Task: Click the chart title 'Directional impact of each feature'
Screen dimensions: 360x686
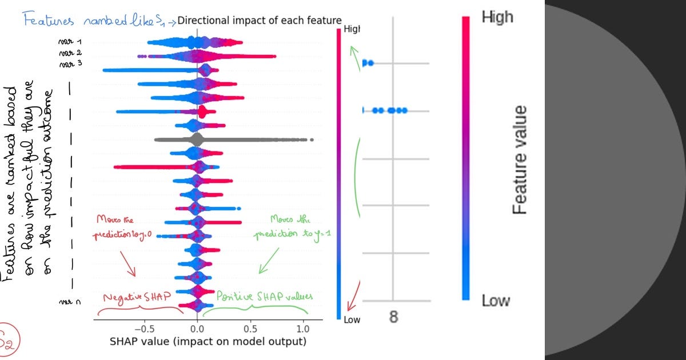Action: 260,21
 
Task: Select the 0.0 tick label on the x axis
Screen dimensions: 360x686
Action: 197,329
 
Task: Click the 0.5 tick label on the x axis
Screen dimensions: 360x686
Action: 250,329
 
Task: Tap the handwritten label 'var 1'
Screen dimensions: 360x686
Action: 74,42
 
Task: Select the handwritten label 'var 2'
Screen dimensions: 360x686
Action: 74,53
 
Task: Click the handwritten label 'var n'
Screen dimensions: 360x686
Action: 68,301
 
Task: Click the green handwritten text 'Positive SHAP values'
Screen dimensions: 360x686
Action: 264,296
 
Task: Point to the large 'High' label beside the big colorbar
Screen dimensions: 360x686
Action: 497,17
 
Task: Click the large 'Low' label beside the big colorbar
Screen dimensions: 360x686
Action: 495,301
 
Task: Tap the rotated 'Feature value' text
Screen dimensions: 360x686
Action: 520,160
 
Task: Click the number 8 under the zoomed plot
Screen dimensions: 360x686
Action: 393,317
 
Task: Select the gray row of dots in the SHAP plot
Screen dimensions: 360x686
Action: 229,139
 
